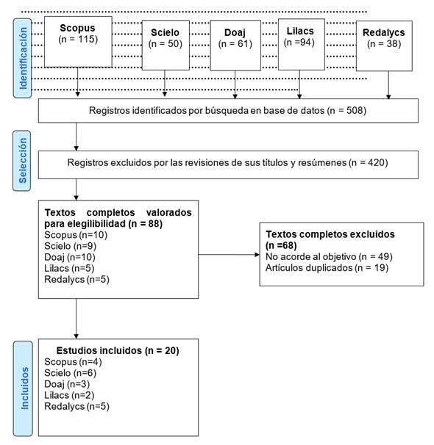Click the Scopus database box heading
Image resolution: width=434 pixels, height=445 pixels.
(x=77, y=28)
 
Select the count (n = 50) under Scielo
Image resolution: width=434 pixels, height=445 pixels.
(x=165, y=44)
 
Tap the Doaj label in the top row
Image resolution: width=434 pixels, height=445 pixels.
(x=235, y=32)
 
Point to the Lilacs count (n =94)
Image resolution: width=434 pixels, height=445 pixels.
(x=299, y=43)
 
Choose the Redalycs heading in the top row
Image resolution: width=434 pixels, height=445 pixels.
(x=384, y=32)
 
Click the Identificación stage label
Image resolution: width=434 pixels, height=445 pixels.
(x=23, y=58)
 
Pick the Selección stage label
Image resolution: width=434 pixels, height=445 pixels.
(x=23, y=160)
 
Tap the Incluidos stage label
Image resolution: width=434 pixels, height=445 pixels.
(x=25, y=388)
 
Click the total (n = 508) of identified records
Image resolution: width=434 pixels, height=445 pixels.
(x=346, y=110)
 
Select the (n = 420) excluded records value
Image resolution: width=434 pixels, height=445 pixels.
(x=369, y=162)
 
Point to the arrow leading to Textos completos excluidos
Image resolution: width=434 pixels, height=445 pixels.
(x=229, y=255)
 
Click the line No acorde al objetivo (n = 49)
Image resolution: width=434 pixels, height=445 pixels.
(x=329, y=256)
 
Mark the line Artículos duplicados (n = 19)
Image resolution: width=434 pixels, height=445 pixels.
(x=327, y=267)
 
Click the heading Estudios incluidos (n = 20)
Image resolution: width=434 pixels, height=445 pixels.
(x=118, y=350)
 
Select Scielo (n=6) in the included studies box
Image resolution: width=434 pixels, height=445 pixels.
(x=70, y=373)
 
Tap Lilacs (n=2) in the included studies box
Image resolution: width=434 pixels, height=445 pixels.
(x=69, y=395)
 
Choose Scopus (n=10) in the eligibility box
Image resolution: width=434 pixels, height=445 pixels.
(x=76, y=235)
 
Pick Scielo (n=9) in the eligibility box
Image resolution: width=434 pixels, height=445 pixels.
(x=70, y=246)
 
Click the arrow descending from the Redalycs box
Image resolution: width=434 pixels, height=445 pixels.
(x=388, y=85)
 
